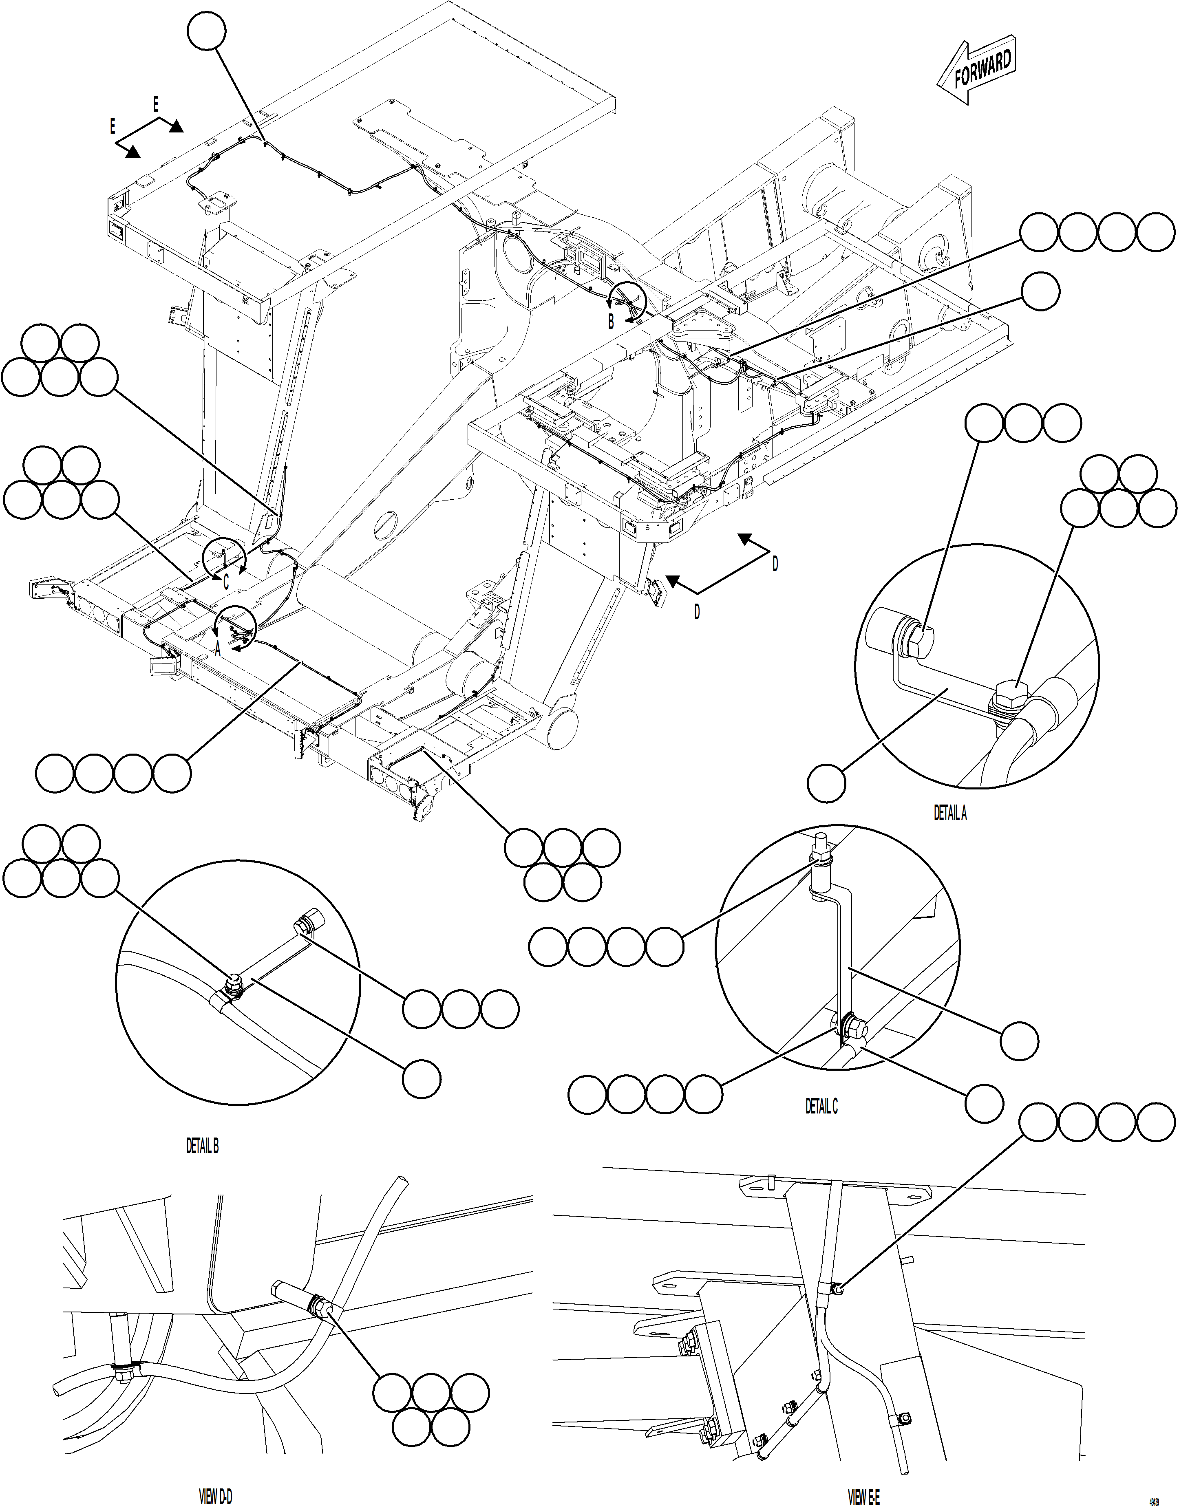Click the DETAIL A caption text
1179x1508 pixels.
(950, 814)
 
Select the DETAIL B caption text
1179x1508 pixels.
(202, 1146)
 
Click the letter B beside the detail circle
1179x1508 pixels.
(611, 322)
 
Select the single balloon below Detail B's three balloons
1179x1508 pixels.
(421, 1079)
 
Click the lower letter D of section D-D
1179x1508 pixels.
(697, 612)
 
